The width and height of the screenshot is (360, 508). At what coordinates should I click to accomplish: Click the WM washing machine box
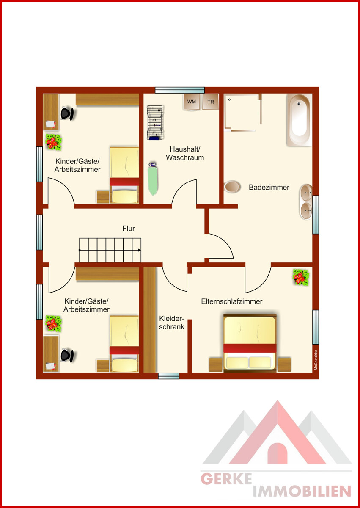192,102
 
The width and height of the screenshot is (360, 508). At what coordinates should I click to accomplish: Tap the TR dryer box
211,102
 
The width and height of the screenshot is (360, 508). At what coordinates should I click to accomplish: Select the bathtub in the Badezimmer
299,120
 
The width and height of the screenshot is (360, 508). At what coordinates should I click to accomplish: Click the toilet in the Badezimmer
232,187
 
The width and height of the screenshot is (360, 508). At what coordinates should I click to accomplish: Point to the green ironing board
153,179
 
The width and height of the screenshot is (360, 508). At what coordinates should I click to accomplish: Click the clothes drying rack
155,122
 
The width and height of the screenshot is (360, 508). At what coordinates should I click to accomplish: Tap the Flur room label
129,228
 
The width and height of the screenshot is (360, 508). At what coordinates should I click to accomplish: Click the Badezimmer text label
269,187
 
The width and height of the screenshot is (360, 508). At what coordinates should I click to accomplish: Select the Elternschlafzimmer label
231,301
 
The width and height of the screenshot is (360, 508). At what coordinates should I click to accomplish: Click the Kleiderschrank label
171,323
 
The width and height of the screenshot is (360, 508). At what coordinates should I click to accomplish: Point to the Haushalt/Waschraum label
185,153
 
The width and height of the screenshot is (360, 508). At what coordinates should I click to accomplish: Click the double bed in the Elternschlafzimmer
250,343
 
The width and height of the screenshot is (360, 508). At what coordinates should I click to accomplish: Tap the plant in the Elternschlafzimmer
301,277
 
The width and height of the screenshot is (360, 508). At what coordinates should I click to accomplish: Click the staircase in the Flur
110,250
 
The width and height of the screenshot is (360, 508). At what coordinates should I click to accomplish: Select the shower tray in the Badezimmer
243,112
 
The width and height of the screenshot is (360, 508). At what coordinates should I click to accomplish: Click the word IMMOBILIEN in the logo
302,491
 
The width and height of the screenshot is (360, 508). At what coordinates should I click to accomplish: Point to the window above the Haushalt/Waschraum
180,90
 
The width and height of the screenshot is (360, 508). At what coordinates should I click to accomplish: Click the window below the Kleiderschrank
168,376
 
